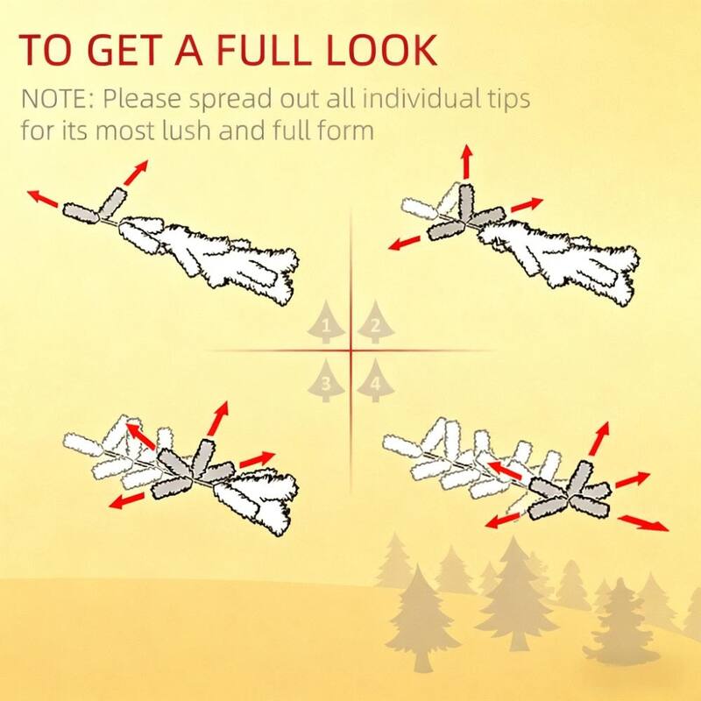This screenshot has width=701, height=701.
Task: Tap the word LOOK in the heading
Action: click(381, 49)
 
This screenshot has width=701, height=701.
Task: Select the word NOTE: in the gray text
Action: click(58, 99)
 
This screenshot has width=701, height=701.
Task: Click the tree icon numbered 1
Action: click(326, 322)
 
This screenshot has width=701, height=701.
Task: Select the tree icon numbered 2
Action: click(376, 322)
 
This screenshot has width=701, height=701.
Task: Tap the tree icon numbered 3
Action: click(326, 380)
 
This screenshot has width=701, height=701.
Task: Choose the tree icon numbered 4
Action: click(376, 380)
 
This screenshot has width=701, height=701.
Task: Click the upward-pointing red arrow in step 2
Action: click(467, 161)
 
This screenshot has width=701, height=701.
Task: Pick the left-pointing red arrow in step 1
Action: click(42, 199)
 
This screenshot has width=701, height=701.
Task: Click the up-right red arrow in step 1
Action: click(136, 173)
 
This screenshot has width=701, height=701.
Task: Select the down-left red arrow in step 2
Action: click(404, 244)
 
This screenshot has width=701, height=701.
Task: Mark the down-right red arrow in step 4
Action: click(643, 523)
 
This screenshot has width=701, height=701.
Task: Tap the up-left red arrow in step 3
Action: click(141, 436)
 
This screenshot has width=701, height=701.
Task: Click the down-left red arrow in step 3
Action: click(126, 501)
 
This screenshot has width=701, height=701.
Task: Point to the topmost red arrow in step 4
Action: click(599, 438)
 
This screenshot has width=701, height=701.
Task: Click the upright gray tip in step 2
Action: click(465, 203)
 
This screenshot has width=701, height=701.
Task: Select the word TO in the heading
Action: click(45, 49)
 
